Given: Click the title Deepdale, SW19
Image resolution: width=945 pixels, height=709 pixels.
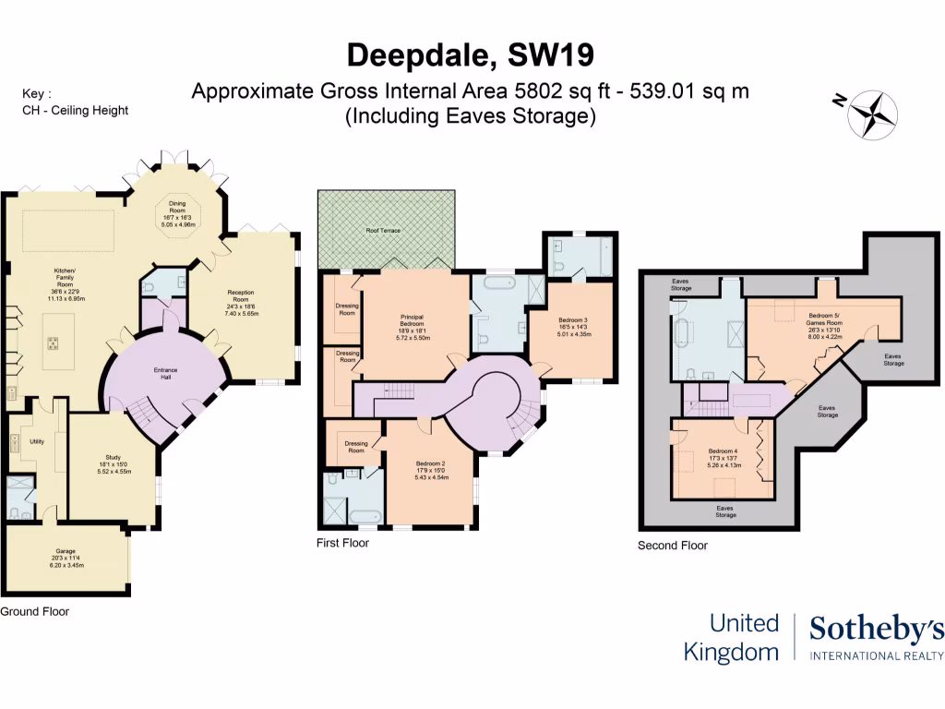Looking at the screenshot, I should click(472, 54).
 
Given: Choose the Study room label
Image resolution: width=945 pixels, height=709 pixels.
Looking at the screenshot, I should click(114, 464).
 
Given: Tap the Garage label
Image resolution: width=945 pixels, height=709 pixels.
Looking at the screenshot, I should click(65, 559).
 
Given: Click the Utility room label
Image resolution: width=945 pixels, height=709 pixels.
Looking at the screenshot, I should click(37, 442).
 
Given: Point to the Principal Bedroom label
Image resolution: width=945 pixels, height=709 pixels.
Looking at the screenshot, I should click(411, 326).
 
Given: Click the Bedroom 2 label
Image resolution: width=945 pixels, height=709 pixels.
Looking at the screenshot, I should click(430, 470).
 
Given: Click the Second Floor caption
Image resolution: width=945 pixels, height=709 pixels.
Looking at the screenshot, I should click(673, 546).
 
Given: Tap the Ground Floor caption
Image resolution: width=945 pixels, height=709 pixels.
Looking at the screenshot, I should click(34, 611).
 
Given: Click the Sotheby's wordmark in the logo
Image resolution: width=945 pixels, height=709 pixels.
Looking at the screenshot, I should click(876, 631).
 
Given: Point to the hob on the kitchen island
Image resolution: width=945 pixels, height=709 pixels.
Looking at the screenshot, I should click(54, 343).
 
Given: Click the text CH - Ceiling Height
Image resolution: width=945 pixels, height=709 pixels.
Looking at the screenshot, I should click(75, 110).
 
